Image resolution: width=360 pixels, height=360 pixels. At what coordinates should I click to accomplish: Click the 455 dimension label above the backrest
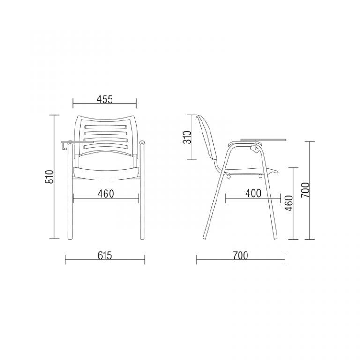pos(105,99)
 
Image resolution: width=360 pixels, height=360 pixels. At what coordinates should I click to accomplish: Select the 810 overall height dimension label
pos(49,177)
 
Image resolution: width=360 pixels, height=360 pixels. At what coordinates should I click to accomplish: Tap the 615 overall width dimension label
pos(105,255)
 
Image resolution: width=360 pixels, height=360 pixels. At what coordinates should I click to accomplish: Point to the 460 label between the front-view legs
pos(106,194)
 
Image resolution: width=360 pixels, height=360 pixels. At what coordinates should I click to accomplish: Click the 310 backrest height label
pos(187,137)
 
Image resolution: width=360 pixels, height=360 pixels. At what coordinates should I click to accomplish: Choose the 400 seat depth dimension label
pos(253,194)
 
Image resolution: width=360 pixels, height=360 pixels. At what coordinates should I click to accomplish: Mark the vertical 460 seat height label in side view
pos(289,203)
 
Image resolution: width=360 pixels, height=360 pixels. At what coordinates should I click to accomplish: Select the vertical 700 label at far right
pos(306,190)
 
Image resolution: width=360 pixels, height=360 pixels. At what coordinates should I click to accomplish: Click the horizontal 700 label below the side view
pos(240,255)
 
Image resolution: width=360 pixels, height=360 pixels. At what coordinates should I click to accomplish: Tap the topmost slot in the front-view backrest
pos(105,127)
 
